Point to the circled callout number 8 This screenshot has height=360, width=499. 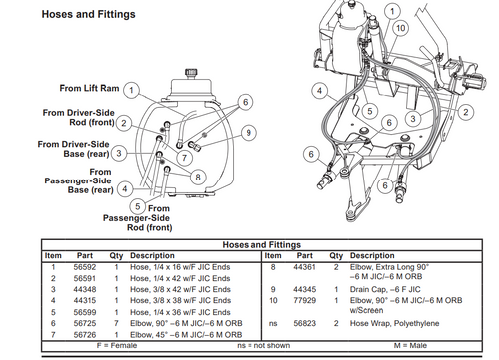click(198, 177)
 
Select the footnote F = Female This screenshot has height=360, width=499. click(110, 344)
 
